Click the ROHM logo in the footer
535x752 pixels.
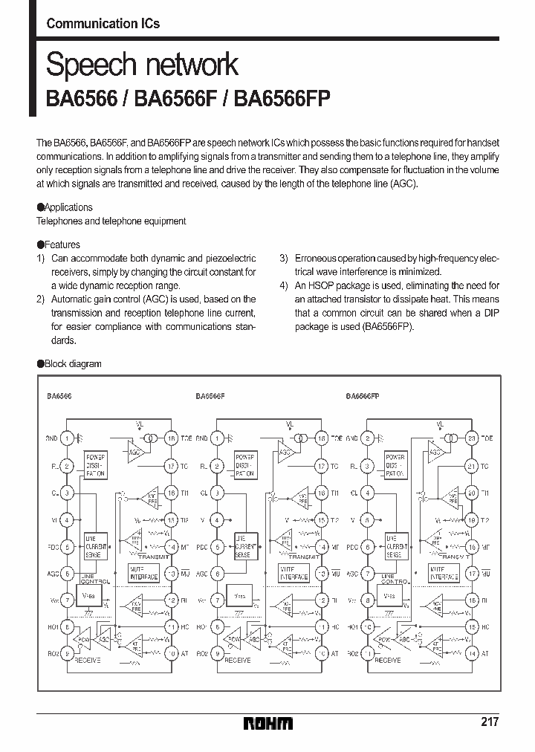click(x=268, y=723)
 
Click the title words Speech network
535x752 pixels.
click(x=142, y=65)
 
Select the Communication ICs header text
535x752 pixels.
click(x=103, y=23)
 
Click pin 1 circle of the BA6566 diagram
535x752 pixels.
click(x=66, y=438)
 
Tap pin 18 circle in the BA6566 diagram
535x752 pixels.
click(x=172, y=438)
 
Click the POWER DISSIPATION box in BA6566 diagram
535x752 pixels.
click(x=96, y=464)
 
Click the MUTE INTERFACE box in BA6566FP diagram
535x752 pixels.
click(x=444, y=573)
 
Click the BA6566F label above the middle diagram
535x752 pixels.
click(x=210, y=396)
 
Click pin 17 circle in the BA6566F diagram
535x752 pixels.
click(x=321, y=466)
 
